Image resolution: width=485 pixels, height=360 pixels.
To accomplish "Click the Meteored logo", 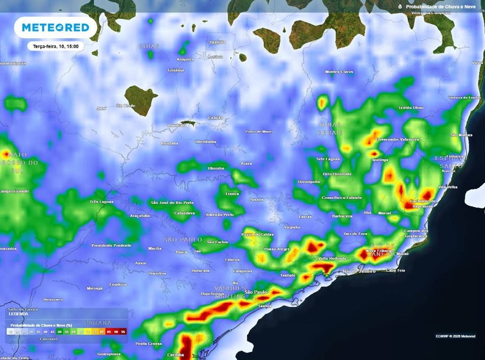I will (x=55, y=27).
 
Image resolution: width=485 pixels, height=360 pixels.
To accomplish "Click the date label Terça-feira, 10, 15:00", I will (x=56, y=46).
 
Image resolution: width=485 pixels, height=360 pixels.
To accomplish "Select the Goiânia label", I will (x=176, y=70).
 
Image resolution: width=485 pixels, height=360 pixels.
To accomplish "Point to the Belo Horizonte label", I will (x=337, y=174).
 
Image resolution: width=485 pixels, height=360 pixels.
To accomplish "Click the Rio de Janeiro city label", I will (x=359, y=271).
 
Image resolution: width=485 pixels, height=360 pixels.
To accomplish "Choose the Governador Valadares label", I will (x=397, y=139).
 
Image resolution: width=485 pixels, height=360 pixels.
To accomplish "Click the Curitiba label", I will (x=176, y=355).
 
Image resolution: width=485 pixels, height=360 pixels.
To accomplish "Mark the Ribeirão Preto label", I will (x=220, y=215).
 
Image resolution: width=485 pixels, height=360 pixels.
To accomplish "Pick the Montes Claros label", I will (x=339, y=72).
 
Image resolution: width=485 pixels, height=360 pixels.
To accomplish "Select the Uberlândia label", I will (x=206, y=142).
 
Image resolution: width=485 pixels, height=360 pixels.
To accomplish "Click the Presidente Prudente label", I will (x=111, y=245).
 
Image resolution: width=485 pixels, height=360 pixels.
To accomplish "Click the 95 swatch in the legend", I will (x=123, y=332).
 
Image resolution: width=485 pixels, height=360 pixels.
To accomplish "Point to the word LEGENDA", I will (x=18, y=314).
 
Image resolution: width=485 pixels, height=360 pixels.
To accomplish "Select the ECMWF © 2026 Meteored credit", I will (x=455, y=336).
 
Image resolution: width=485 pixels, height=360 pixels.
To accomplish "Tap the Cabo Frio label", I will (x=396, y=270).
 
